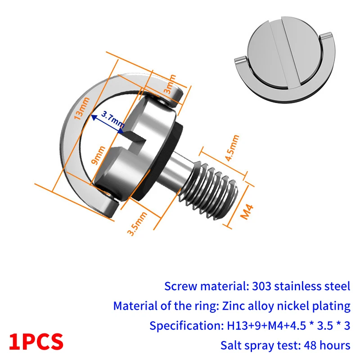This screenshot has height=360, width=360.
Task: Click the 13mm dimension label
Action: [x=81, y=108]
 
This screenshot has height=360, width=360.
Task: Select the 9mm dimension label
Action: [x=98, y=155]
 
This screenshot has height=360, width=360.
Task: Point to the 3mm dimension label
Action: [x=170, y=84]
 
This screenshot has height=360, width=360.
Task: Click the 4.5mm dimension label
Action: [x=232, y=148]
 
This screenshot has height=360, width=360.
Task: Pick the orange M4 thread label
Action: [x=247, y=211]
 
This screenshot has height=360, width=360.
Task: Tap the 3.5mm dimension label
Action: [x=137, y=224]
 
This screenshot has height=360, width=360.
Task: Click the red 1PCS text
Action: [x=36, y=342]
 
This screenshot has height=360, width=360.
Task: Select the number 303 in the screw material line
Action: [x=261, y=286]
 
